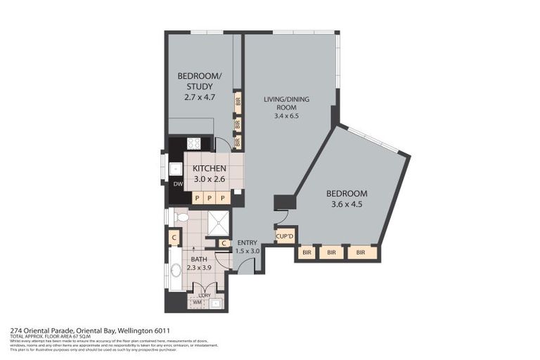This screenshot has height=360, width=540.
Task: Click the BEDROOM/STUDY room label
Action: (200, 82)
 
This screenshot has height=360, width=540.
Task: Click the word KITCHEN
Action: (209, 169)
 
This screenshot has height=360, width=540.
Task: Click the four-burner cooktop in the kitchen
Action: (193, 143)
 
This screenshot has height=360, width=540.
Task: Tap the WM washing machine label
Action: (198, 303)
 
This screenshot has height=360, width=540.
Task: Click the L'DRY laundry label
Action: (205, 295)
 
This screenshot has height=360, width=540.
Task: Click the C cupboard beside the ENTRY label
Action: (223, 244)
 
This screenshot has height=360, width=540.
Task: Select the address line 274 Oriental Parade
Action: (90, 330)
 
